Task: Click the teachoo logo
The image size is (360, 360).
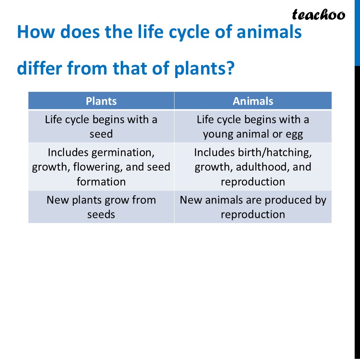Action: [x=318, y=14]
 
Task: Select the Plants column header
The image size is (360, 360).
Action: [x=101, y=101]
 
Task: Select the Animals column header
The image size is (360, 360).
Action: [x=253, y=101]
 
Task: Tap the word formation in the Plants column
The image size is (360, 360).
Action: [x=101, y=181]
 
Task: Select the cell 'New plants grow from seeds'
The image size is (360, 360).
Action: [x=101, y=207]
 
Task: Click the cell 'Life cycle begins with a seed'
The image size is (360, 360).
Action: [x=101, y=126]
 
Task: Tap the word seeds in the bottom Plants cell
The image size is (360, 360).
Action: [x=101, y=214]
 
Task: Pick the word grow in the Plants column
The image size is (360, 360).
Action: [x=116, y=200]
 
